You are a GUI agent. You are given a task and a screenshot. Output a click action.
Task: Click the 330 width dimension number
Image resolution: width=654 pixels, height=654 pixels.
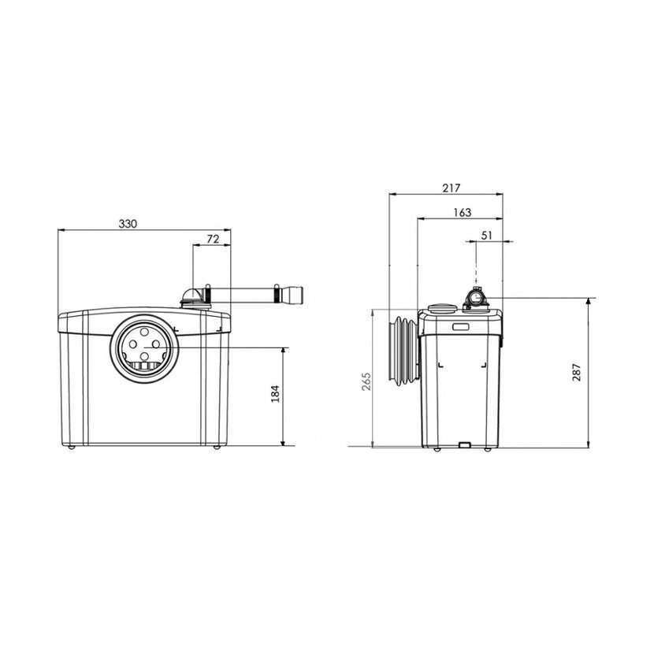click(x=128, y=224)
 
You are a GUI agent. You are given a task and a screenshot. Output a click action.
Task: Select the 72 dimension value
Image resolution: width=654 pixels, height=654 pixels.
click(x=213, y=239)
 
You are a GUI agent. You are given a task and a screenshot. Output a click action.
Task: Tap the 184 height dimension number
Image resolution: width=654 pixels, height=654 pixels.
click(x=275, y=394)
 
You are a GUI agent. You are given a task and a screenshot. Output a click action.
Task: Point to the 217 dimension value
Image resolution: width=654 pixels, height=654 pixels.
click(x=451, y=188)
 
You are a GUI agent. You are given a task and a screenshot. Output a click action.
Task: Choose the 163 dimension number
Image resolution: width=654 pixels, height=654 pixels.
click(x=463, y=212)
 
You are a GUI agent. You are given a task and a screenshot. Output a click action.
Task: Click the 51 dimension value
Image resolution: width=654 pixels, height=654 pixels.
click(x=487, y=236)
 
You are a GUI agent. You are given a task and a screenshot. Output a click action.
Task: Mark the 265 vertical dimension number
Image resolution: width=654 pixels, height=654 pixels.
click(x=366, y=381)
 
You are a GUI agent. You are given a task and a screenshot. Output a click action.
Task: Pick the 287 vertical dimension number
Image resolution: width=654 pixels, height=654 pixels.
click(x=577, y=373)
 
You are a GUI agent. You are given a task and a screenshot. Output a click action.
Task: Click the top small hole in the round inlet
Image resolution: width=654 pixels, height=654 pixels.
click(x=144, y=333)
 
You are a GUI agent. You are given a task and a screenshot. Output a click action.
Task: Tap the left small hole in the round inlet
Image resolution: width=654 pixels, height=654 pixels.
click(x=133, y=344)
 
